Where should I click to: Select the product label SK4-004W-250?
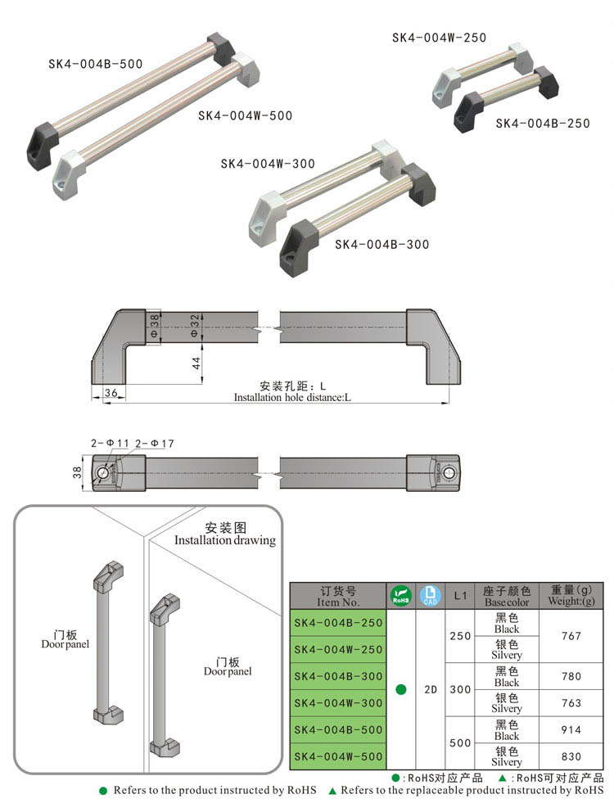point(439,38)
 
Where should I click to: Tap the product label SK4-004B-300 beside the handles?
point(381,244)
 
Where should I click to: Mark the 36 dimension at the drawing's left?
point(111,393)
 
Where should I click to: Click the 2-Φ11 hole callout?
point(111,443)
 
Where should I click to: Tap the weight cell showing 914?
point(572,729)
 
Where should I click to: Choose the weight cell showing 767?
point(572,636)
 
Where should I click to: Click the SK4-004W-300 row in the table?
point(337,702)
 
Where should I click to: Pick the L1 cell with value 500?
point(460,742)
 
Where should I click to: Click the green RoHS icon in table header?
point(400,595)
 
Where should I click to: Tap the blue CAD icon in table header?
point(430,595)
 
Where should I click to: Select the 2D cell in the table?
point(430,689)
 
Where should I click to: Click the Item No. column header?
point(338,595)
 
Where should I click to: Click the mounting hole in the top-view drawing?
point(103,474)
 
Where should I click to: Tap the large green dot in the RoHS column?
point(400,689)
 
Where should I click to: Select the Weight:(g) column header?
point(572,595)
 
